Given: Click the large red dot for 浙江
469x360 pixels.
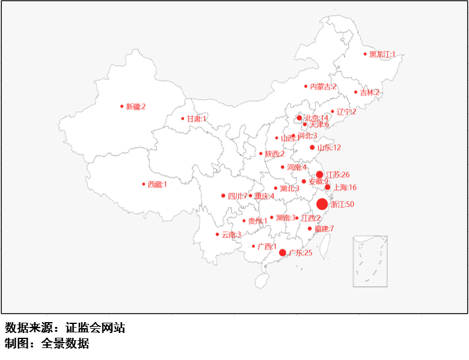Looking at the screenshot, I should [x=322, y=204].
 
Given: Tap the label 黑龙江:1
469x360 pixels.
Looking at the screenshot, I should [x=382, y=54].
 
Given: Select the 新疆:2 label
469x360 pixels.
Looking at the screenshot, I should [x=136, y=106].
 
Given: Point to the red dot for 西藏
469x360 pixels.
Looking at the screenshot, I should [x=144, y=184].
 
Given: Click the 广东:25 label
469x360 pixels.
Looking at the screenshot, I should [x=301, y=253].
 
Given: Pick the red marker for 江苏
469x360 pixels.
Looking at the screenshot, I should [x=320, y=174].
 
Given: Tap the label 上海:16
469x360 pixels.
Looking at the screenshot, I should [x=345, y=188].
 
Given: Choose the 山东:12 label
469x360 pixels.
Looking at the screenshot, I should [x=329, y=148].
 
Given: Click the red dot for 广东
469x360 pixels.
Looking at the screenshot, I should [x=283, y=252].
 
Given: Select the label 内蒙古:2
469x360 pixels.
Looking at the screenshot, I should [x=323, y=87].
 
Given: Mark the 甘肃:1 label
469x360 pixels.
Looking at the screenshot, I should [x=197, y=119].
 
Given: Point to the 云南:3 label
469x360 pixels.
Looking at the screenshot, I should [x=231, y=234].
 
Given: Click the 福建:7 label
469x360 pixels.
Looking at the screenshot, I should [x=323, y=228].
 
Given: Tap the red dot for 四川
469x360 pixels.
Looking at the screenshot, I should [x=223, y=195].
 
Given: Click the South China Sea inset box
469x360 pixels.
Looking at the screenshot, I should [x=370, y=261].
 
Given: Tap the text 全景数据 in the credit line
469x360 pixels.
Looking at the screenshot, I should [x=65, y=344].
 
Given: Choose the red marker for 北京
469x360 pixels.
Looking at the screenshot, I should [x=299, y=118].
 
